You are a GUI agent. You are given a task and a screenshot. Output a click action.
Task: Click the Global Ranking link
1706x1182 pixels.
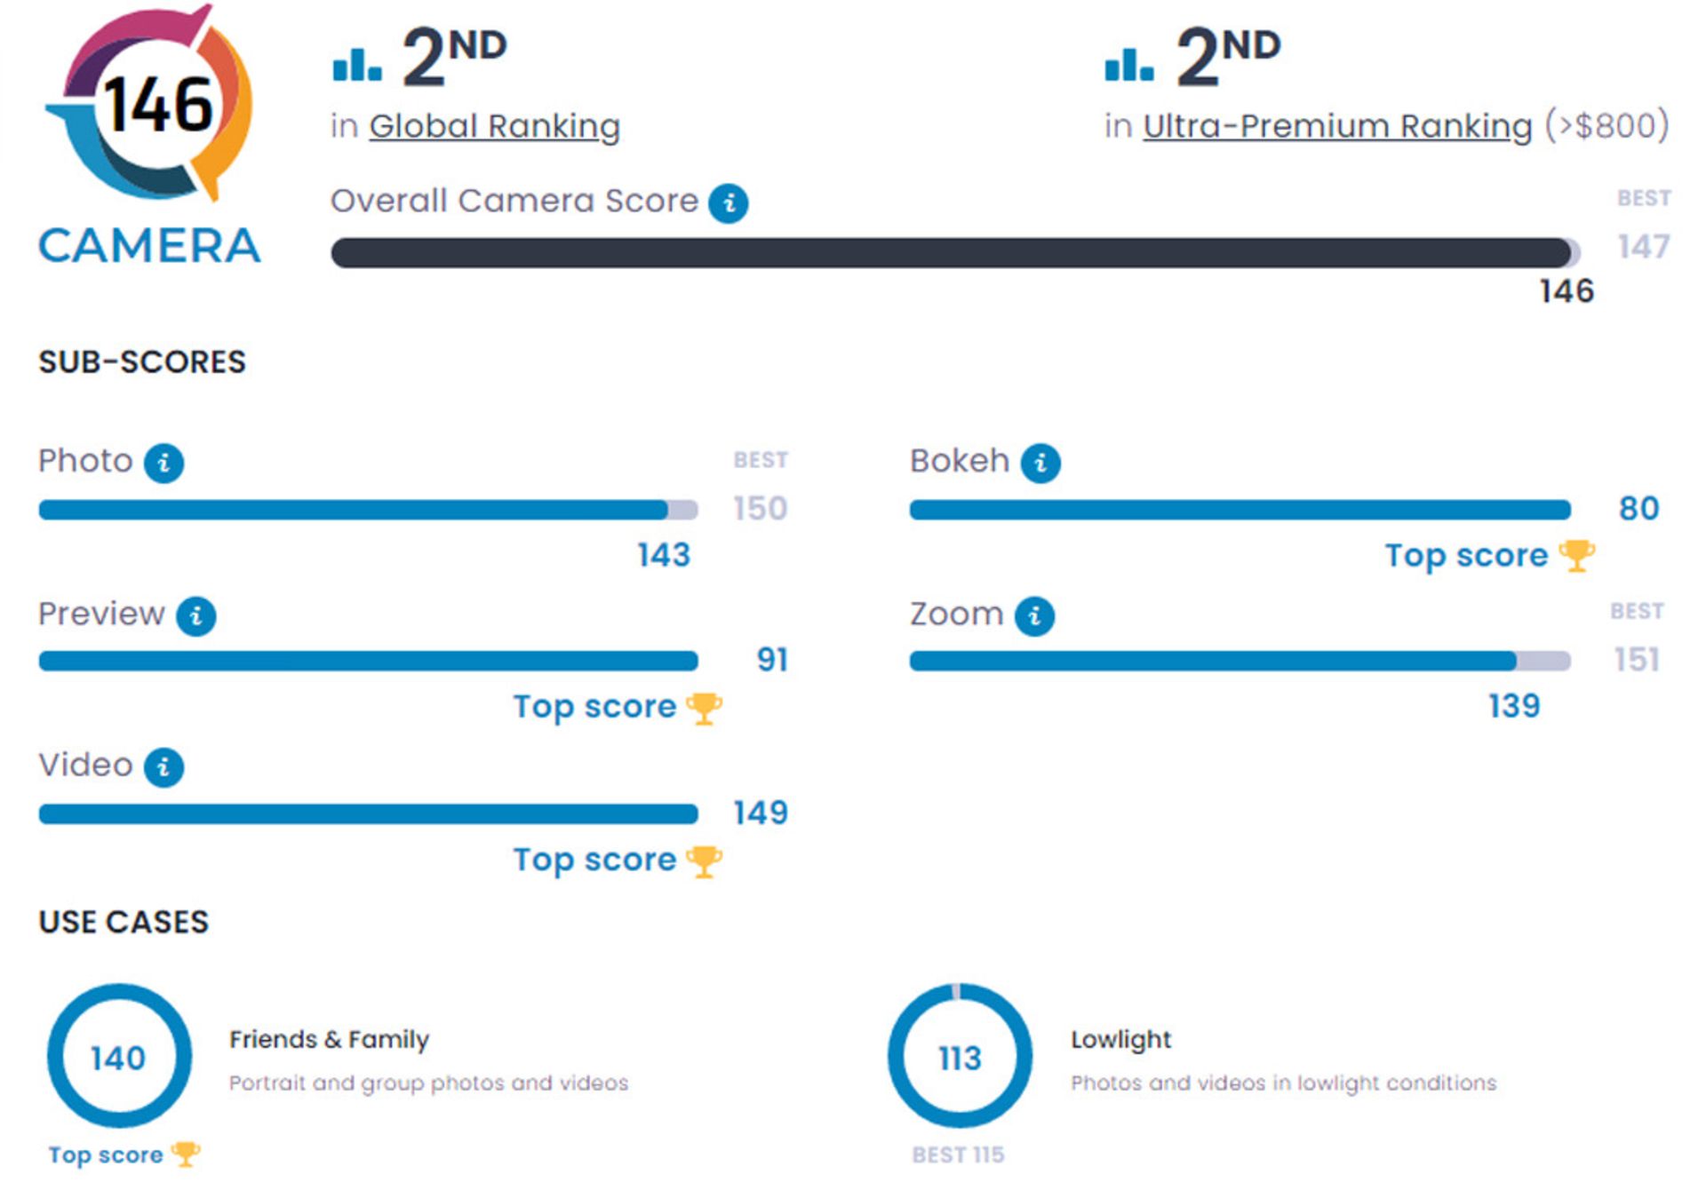coord(494,126)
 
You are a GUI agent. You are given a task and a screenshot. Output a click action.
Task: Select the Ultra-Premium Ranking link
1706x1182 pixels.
coord(1337,126)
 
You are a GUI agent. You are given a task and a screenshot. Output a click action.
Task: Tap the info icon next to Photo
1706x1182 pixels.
coord(164,463)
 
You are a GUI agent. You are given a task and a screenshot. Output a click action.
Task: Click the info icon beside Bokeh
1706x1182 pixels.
coord(1040,463)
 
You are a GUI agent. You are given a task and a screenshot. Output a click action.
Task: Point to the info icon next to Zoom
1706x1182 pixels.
coord(1034,615)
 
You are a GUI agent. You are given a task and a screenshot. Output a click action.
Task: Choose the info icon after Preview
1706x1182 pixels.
coord(195,615)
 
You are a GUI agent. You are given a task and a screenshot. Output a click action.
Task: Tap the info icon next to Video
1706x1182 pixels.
coord(164,767)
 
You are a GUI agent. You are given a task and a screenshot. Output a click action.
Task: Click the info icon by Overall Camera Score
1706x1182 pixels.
coord(728,203)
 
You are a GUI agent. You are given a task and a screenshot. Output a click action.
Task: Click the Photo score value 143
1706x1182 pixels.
coord(664,555)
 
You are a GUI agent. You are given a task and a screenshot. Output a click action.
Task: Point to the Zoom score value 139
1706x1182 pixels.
coord(1514,706)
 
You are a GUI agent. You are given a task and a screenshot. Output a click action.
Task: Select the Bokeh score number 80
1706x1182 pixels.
coord(1638,509)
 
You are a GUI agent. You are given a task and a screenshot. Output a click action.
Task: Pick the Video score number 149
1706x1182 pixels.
coord(760,813)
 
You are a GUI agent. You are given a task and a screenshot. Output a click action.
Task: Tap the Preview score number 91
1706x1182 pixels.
coord(772,660)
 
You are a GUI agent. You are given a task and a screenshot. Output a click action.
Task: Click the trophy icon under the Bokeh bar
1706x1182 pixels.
coord(1577,556)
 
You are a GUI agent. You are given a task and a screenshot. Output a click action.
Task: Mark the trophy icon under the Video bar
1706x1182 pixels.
coord(705,860)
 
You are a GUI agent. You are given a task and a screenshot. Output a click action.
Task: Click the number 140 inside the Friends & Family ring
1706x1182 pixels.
coord(118,1058)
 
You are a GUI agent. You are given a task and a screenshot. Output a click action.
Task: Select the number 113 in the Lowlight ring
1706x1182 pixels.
coord(960,1058)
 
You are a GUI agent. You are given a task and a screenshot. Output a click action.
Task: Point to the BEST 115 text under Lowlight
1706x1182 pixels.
coord(958,1154)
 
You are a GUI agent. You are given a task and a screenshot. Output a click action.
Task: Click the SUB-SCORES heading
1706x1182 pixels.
coord(142,362)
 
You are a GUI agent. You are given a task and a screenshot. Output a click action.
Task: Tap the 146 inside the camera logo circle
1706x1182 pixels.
coord(158,105)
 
